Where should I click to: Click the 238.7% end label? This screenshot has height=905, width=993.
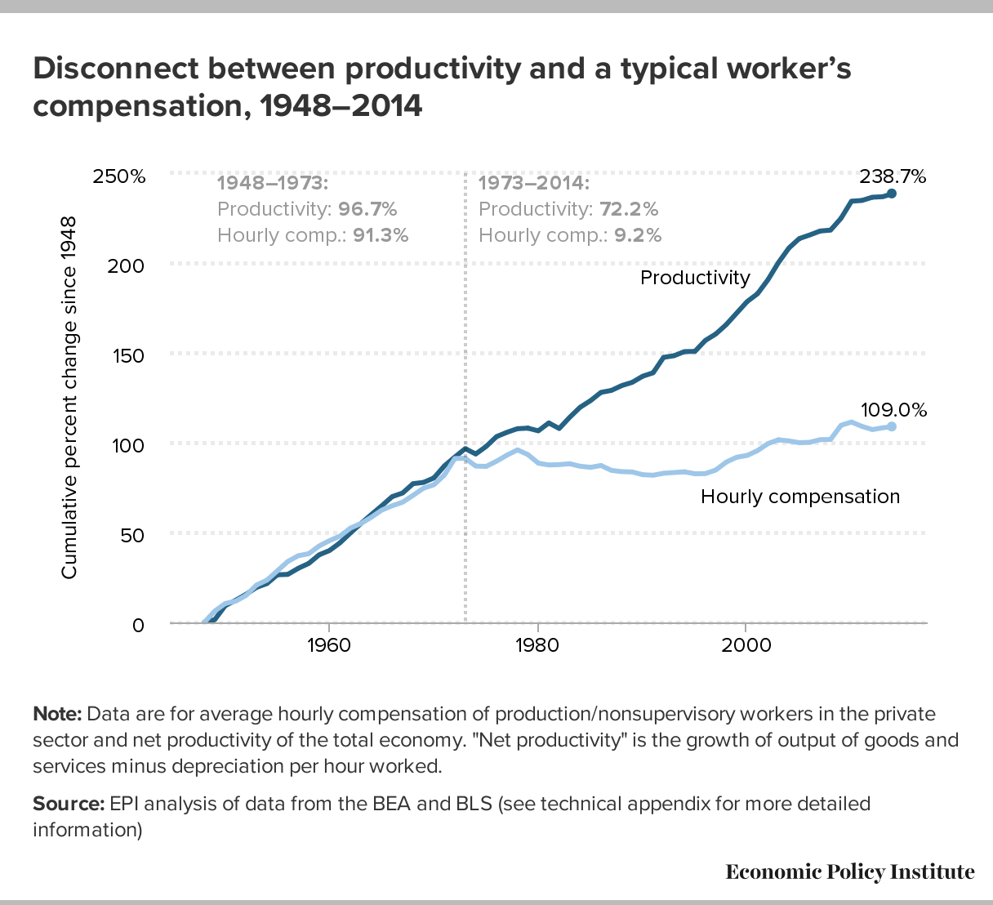pyautogui.click(x=893, y=176)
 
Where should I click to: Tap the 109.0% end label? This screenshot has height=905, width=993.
pyautogui.click(x=893, y=410)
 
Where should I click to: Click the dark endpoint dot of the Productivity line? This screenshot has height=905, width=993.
pyautogui.click(x=892, y=194)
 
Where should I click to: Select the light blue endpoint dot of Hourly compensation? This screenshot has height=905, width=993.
pyautogui.click(x=892, y=426)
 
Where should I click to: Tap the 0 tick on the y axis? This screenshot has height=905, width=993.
pyautogui.click(x=138, y=625)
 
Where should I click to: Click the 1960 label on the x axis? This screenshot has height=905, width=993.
pyautogui.click(x=328, y=644)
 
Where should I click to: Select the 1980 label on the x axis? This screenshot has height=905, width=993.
pyautogui.click(x=537, y=644)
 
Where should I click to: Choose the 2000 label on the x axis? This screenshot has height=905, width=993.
pyautogui.click(x=746, y=644)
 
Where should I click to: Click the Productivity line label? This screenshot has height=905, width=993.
pyautogui.click(x=695, y=278)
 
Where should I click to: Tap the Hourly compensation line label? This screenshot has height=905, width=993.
pyautogui.click(x=800, y=497)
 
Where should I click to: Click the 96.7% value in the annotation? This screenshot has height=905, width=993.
pyautogui.click(x=367, y=209)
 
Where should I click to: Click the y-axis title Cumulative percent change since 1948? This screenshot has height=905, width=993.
pyautogui.click(x=69, y=398)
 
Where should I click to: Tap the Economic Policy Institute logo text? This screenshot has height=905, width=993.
pyautogui.click(x=850, y=872)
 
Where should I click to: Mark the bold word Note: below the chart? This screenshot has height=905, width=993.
pyautogui.click(x=57, y=714)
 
